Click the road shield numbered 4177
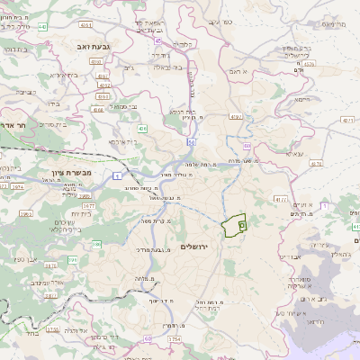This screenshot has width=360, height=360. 281,200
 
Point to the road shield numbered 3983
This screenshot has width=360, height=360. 25,213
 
